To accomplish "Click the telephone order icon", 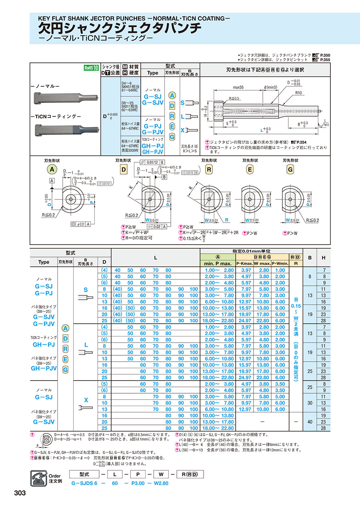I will point(39,478).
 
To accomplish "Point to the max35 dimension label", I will point(238,87).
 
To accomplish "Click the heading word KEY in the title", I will point(45,18).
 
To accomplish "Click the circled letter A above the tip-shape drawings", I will point(51,169).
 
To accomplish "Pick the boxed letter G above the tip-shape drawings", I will point(290,169).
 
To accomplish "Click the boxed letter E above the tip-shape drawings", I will point(250,169).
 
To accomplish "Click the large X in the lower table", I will point(86,400).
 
